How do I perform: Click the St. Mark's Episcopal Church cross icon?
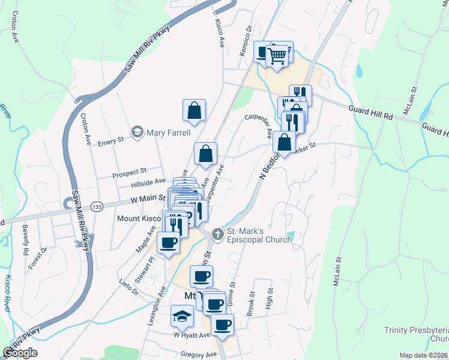point(217,234)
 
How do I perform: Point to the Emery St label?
point(110,141)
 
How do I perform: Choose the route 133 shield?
point(96,206)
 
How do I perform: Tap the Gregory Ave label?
point(197,355)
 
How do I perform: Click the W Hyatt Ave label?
point(191,335)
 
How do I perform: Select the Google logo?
point(20,353)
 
